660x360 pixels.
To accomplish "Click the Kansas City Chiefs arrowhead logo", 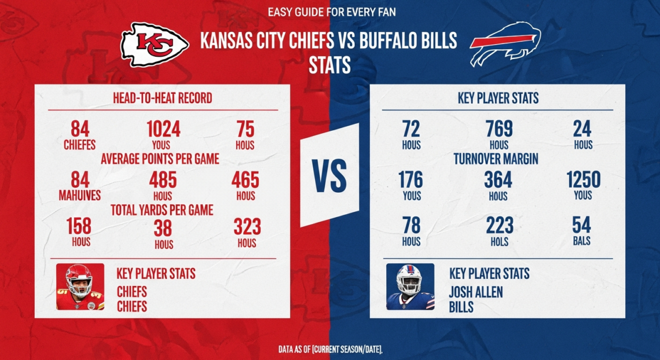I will pyautogui.click(x=155, y=45).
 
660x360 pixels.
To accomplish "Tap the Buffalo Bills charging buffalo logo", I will pyautogui.click(x=505, y=45).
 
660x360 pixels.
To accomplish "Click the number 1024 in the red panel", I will pyautogui.click(x=163, y=128).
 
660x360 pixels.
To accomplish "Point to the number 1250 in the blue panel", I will pyautogui.click(x=583, y=179).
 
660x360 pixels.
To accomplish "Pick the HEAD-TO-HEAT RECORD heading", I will pyautogui.click(x=162, y=98).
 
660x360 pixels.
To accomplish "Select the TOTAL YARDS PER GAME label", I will pyautogui.click(x=162, y=210).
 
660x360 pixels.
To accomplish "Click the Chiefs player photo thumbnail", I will pyautogui.click(x=80, y=286).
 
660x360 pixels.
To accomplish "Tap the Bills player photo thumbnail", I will pyautogui.click(x=410, y=286).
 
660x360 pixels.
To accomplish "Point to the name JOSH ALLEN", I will pyautogui.click(x=475, y=292).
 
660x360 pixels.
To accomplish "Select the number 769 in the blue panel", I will pyautogui.click(x=498, y=129).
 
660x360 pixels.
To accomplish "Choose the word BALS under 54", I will pyautogui.click(x=582, y=240).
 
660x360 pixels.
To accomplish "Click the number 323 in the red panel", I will pyautogui.click(x=247, y=226).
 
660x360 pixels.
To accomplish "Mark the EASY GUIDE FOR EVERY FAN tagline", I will pyautogui.click(x=332, y=12).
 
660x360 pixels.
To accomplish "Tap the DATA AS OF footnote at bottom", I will pyautogui.click(x=329, y=349).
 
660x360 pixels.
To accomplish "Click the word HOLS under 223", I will pyautogui.click(x=498, y=242).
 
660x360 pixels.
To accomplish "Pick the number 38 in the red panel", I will pyautogui.click(x=163, y=229).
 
